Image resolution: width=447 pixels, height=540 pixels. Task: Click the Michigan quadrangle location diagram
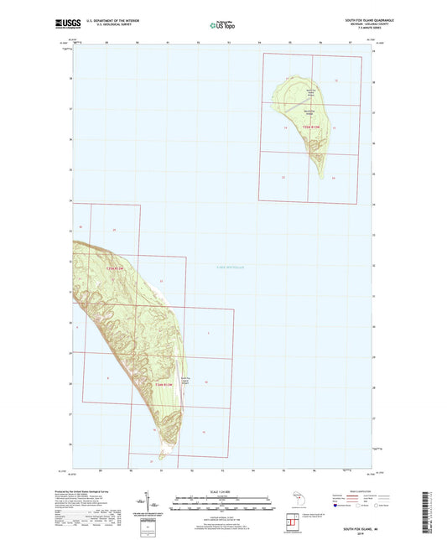[x=296, y=501]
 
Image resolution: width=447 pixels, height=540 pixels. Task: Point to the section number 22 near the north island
[x=283, y=177]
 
